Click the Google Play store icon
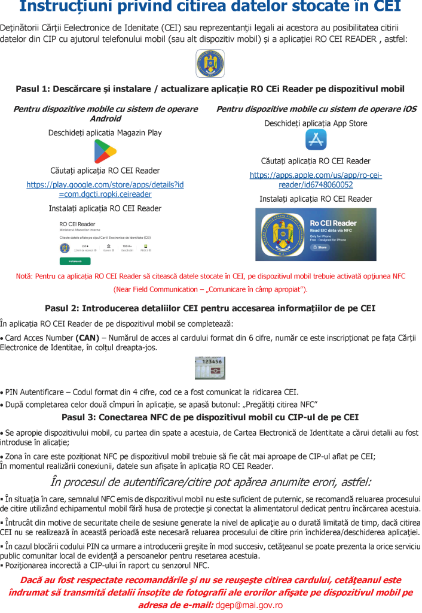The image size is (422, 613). pyautogui.click(x=105, y=151)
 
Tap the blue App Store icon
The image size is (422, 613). pyautogui.click(x=316, y=139)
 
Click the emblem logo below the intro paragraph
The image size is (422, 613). pyautogui.click(x=210, y=63)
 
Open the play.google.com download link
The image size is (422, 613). pyautogui.click(x=105, y=189)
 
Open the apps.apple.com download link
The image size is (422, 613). pyautogui.click(x=316, y=180)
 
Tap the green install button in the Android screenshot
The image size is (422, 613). pyautogui.click(x=75, y=261)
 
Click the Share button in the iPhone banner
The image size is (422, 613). pyautogui.click(x=320, y=247)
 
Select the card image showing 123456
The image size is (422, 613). pyautogui.click(x=210, y=368)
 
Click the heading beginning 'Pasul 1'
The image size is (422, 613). pyautogui.click(x=210, y=89)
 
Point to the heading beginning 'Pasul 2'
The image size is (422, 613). pyautogui.click(x=210, y=308)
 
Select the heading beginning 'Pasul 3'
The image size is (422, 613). pyautogui.click(x=210, y=417)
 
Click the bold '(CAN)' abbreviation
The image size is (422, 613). pyautogui.click(x=87, y=337)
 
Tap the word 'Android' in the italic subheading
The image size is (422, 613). pyautogui.click(x=105, y=119)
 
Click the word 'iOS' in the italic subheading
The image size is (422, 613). pyautogui.click(x=406, y=109)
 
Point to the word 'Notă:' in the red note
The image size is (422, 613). pyautogui.click(x=26, y=276)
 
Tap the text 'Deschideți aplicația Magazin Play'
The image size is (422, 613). pyautogui.click(x=105, y=133)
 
